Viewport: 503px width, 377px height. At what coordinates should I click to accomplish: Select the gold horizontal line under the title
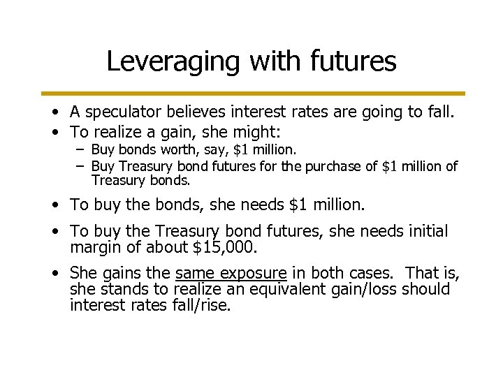tap(251, 93)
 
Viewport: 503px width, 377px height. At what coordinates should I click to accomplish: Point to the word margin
tap(96, 247)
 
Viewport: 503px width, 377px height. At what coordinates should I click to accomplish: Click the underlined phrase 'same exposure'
tap(231, 273)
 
